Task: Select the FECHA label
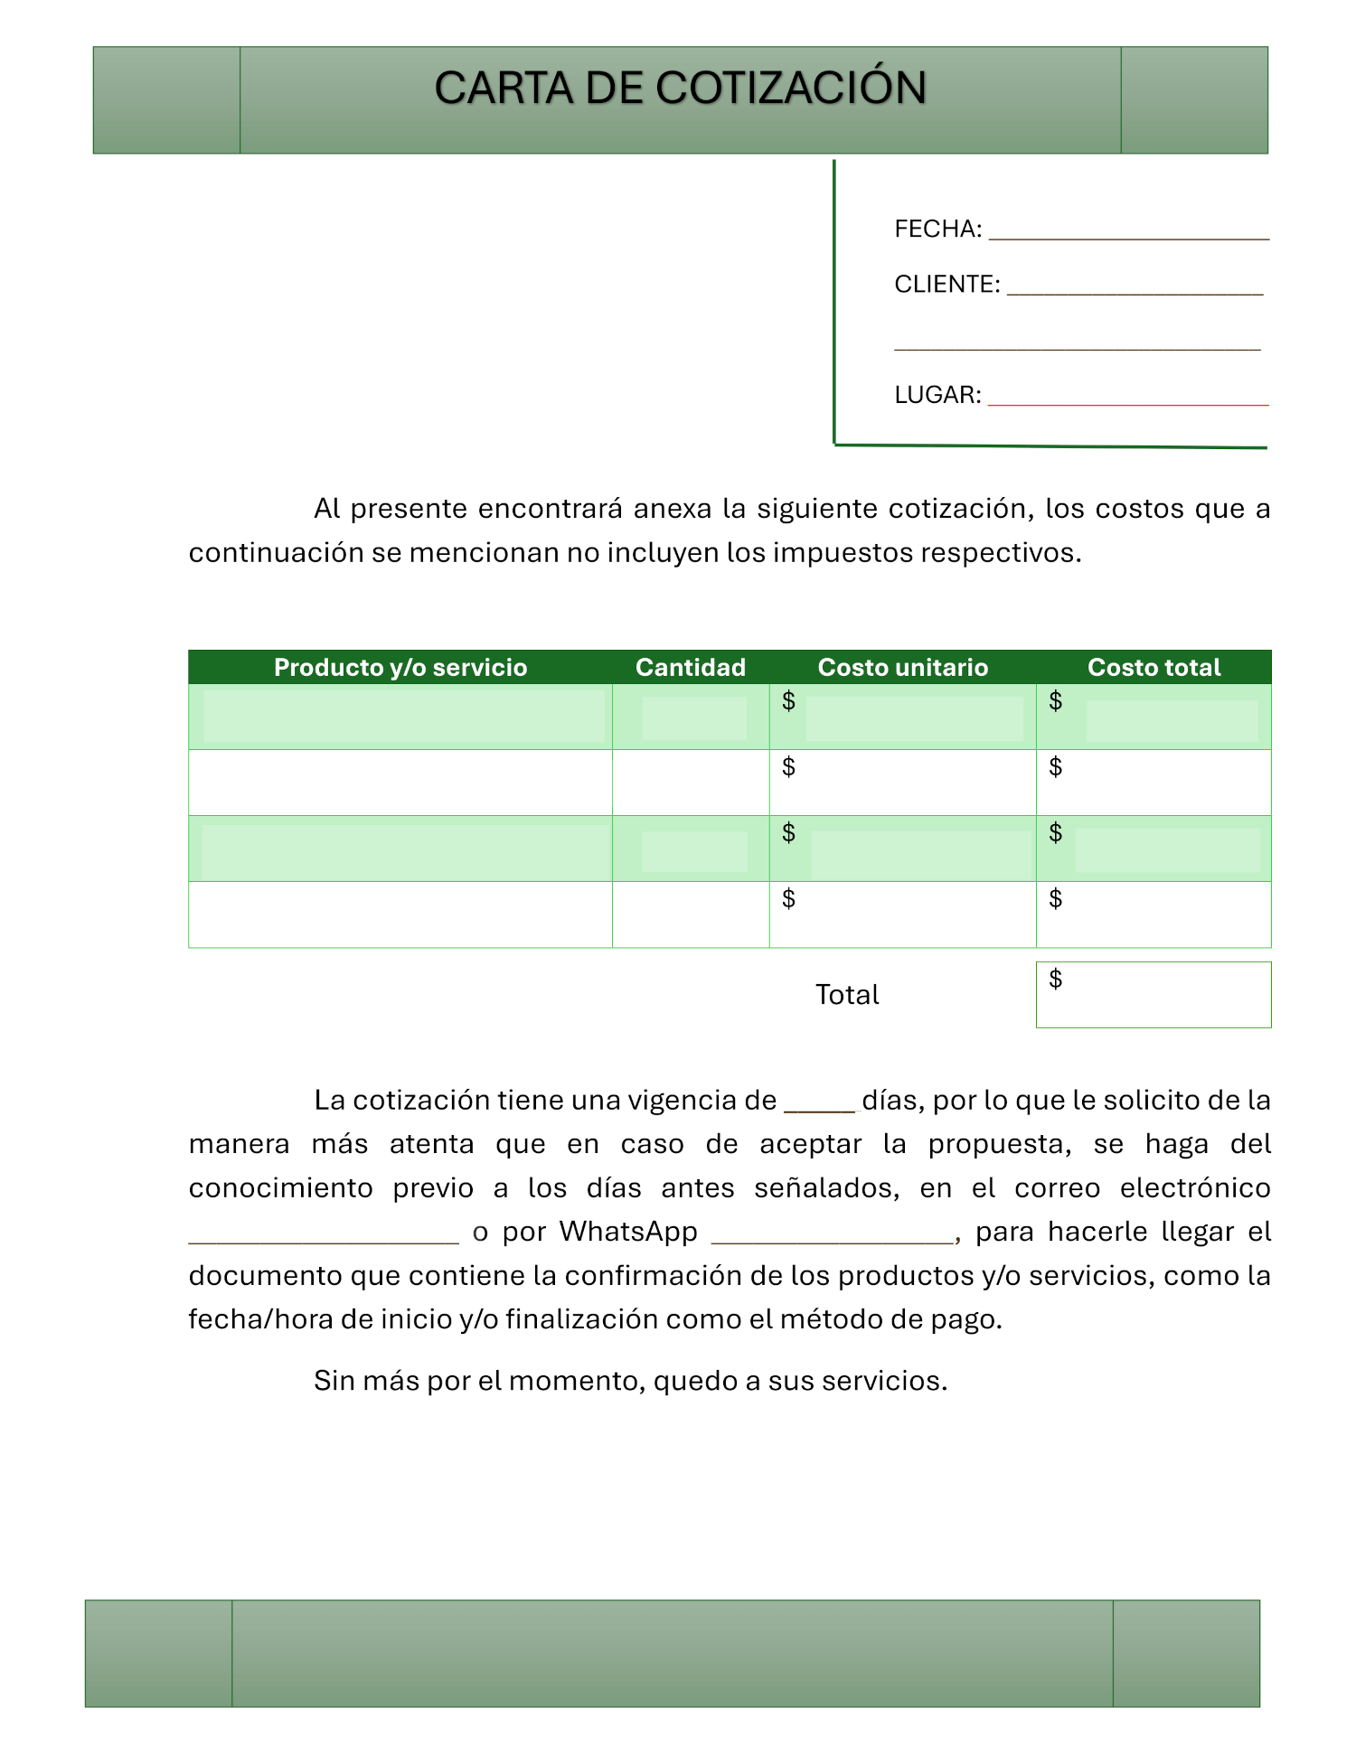[x=937, y=230]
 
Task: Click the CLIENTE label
[x=946, y=285]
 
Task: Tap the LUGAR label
[x=937, y=395]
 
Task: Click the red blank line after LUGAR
[x=1128, y=404]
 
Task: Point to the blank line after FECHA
[x=1128, y=238]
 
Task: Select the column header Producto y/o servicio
[x=400, y=668]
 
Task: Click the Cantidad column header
[x=691, y=668]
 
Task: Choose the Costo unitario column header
[x=902, y=668]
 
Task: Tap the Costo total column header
[x=1154, y=668]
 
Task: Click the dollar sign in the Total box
[x=1055, y=979]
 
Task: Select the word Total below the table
[x=847, y=995]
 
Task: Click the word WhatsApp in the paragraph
[x=628, y=1232]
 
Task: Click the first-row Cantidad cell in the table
[x=691, y=718]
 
